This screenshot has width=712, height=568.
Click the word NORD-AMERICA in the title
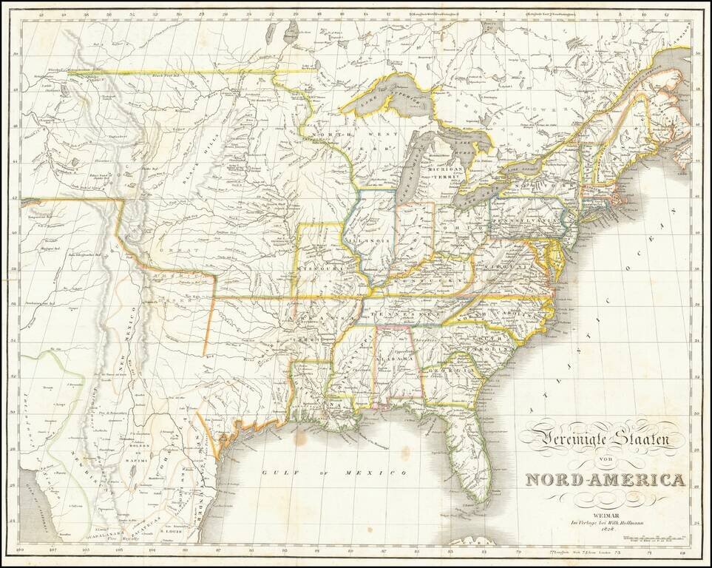(605, 480)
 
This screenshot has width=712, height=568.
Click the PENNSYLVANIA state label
(531, 220)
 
